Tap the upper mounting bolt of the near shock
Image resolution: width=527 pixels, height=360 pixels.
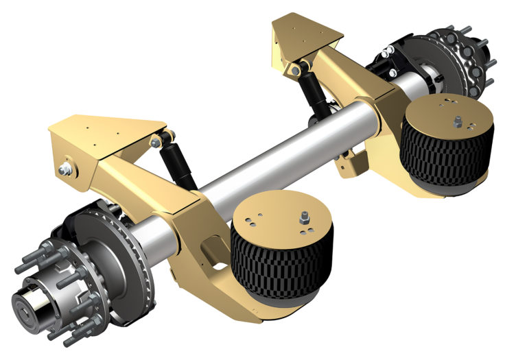tap(156, 142)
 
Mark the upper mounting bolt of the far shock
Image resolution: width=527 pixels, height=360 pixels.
tap(296, 69)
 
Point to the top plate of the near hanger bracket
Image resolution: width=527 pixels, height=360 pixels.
tap(103, 128)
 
